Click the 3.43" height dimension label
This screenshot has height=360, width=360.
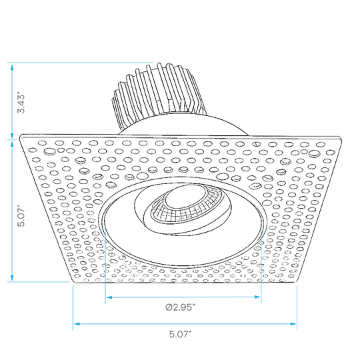[21, 103]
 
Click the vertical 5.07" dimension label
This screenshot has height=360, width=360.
[21, 217]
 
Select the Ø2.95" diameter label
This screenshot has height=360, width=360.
[180, 307]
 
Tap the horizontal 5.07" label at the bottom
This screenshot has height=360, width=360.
[180, 334]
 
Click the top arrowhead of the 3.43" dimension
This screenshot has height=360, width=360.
[12, 67]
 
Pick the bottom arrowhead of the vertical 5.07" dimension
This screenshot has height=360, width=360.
[12, 278]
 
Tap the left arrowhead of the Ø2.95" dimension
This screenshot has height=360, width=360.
[109, 297]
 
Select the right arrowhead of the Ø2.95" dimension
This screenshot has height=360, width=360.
[257, 297]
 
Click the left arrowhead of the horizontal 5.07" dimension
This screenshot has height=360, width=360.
[77, 324]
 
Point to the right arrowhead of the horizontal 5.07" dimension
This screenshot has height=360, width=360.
[293, 324]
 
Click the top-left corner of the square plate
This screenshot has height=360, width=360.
[21, 135]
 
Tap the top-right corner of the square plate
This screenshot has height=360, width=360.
[340, 136]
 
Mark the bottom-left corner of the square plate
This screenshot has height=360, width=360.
[74, 282]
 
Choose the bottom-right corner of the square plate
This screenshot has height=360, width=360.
[296, 282]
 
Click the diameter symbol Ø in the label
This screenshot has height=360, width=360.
[169, 307]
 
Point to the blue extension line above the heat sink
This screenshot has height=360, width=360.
[81, 62]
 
